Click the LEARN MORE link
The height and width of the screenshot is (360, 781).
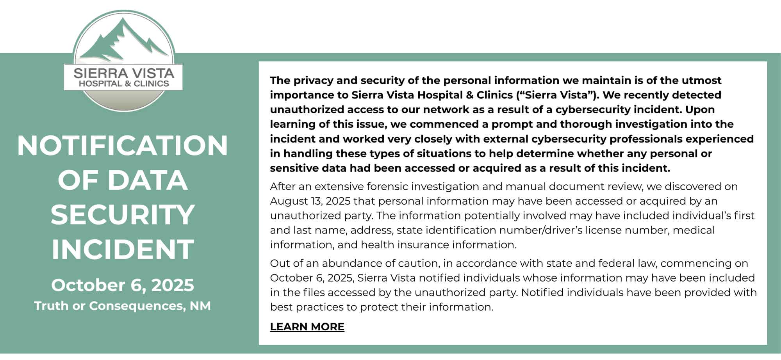(x=307, y=327)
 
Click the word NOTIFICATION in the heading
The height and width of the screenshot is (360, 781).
(x=122, y=146)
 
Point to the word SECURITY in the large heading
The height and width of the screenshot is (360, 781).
(x=122, y=215)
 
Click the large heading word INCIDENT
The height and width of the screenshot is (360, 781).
(x=122, y=250)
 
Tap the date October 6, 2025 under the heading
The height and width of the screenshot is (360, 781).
(x=122, y=285)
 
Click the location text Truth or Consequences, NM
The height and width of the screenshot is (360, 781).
(x=122, y=306)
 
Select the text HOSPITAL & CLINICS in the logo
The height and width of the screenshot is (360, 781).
(x=124, y=84)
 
